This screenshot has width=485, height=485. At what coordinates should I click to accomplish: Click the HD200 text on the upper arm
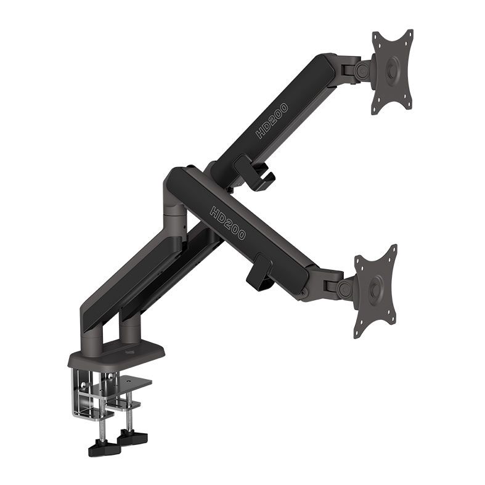[x=272, y=120]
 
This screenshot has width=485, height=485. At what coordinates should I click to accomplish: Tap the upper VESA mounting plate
[x=392, y=71]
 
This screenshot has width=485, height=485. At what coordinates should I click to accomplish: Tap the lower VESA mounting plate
[x=375, y=290]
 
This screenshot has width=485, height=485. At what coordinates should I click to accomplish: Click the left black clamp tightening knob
[x=104, y=448]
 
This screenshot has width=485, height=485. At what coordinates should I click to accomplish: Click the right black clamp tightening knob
[x=133, y=437]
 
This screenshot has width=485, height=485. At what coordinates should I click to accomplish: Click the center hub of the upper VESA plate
[x=392, y=72]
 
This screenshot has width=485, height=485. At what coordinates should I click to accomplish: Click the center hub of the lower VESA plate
[x=375, y=290]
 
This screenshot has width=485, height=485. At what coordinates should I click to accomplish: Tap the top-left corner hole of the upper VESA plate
[x=377, y=36]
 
